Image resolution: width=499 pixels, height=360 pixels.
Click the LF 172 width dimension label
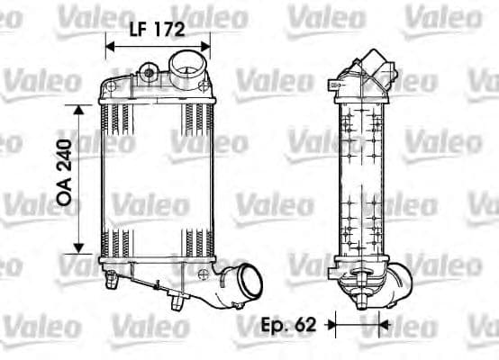point(158,29)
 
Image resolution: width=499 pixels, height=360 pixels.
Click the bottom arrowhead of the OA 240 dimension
point(79,248)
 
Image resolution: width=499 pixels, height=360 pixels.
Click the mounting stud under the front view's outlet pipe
point(174,305)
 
